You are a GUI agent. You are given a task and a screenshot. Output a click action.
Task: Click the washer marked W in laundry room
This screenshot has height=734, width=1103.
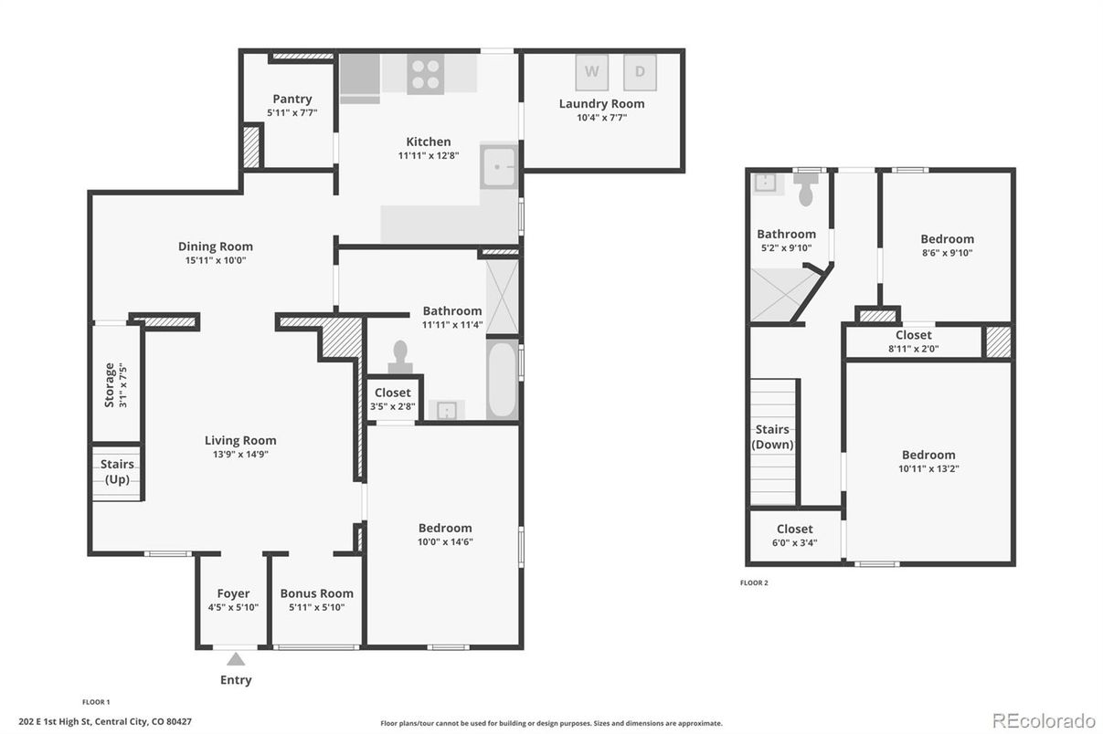pos(592,71)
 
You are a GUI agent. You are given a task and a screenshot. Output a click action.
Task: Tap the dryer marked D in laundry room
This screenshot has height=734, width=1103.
pos(640,71)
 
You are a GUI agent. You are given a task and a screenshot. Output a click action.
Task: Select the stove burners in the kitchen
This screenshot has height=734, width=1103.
pos(425,74)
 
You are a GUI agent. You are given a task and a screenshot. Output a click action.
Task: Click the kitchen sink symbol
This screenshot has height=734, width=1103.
pos(498,166)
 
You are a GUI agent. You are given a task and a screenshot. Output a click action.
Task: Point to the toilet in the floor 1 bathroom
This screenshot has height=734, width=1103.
pos(400,356)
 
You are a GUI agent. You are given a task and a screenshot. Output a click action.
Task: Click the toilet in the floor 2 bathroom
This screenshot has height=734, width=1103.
pos(806,191)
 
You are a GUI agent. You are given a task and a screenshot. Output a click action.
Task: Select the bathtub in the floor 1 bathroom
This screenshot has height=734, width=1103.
pos(502,380)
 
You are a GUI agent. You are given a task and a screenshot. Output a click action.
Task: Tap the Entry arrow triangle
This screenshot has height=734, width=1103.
pos(236,658)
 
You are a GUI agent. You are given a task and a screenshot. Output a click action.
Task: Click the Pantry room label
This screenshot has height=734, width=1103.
pos(292,99)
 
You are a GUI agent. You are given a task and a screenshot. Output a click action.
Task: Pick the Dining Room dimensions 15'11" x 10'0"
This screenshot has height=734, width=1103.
pos(216,259)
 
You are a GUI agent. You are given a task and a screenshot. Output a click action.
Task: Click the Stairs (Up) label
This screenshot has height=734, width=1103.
pos(117,472)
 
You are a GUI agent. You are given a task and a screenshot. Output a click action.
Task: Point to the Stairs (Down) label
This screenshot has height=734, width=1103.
pos(772,437)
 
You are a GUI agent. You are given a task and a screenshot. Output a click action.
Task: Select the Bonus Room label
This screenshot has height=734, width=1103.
pos(316,593)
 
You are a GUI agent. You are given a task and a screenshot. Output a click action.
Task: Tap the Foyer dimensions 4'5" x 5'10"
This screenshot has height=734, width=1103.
pos(233,607)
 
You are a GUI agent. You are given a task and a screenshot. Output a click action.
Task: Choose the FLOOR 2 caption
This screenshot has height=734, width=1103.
pos(754,582)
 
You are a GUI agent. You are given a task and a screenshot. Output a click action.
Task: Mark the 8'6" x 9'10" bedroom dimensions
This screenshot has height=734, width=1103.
pos(947,253)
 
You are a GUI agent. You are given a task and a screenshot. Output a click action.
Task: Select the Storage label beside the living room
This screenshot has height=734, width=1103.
pos(110,384)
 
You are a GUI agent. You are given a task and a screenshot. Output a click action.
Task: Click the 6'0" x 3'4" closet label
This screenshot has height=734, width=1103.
pos(795,542)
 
